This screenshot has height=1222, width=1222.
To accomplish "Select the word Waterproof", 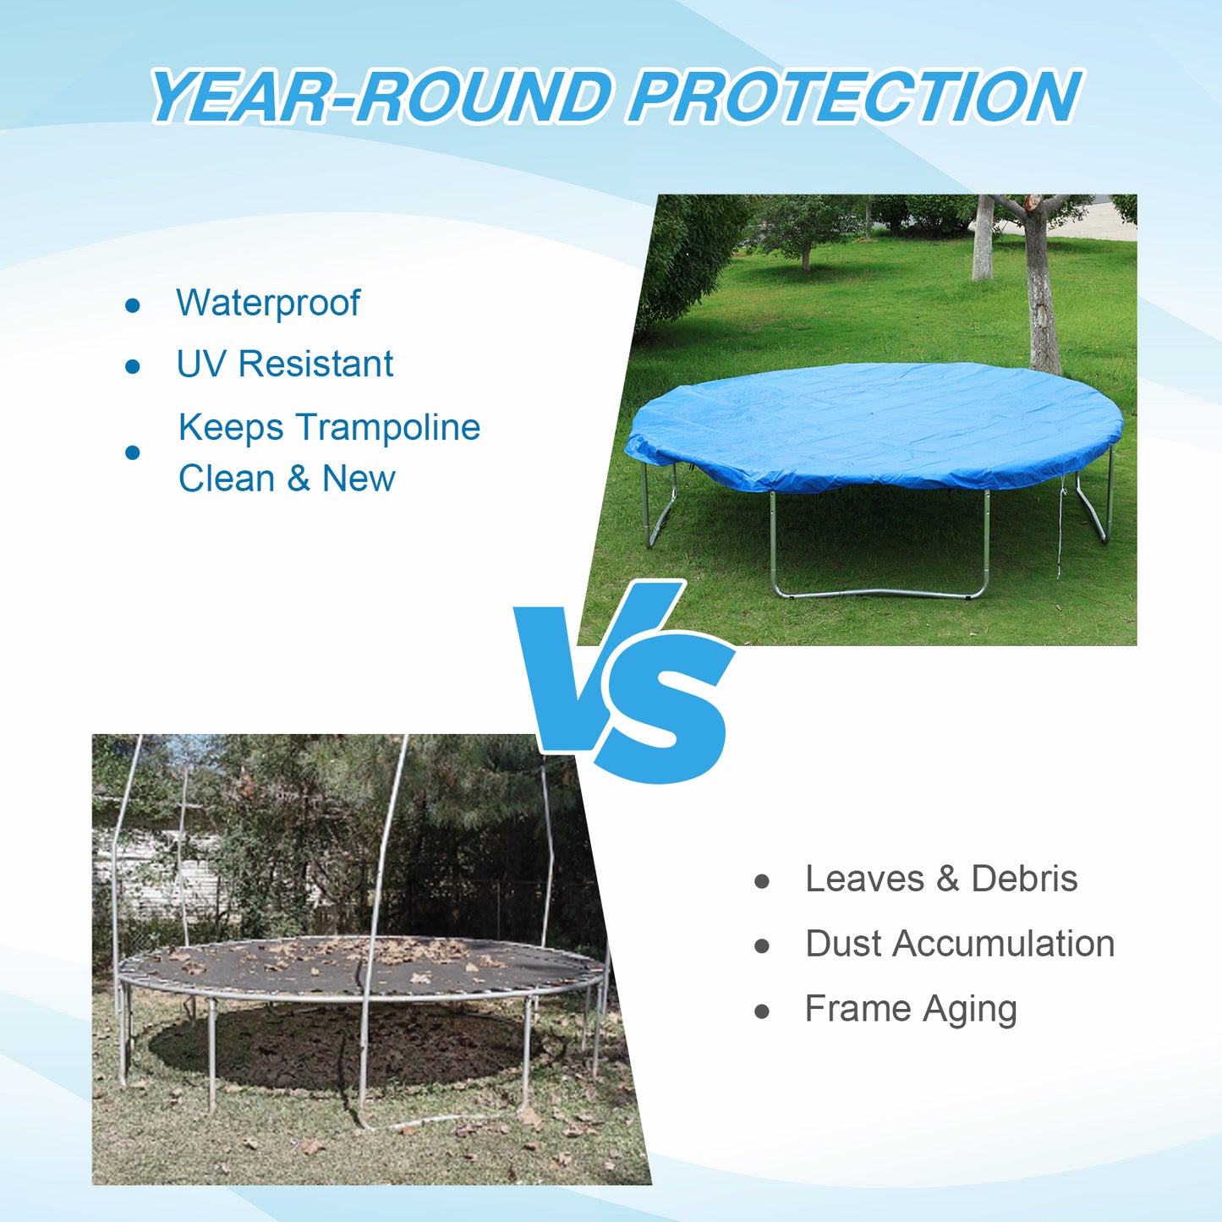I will click(x=268, y=303).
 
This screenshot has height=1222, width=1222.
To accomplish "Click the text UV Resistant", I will click(x=284, y=364).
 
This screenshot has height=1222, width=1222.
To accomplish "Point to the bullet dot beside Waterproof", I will click(x=132, y=305).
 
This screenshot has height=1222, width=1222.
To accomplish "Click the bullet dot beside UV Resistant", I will click(x=132, y=366).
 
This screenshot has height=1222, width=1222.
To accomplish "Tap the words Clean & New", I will click(x=287, y=479).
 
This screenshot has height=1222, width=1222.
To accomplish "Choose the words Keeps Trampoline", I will click(x=329, y=427).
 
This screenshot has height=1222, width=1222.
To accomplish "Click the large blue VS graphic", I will click(x=626, y=681).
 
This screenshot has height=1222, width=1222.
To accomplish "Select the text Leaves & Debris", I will click(x=941, y=879).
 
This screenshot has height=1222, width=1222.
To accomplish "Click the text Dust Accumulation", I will click(x=960, y=944).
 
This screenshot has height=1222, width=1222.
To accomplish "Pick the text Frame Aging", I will click(x=911, y=1009).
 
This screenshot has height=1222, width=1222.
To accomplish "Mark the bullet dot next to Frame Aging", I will click(x=762, y=1011).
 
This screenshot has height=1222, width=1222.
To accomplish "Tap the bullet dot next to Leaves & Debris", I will click(x=762, y=881).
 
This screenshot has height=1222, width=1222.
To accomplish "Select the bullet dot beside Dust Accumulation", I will click(x=762, y=946).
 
